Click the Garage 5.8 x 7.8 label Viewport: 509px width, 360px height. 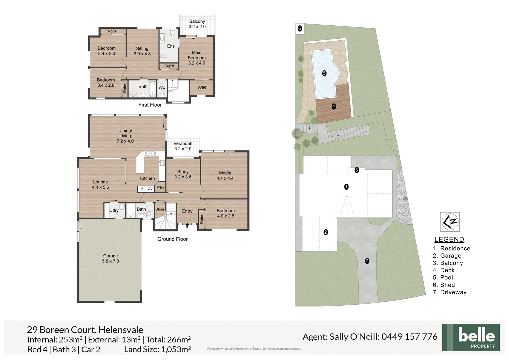point(110,258)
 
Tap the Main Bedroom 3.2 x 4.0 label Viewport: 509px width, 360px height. point(197,58)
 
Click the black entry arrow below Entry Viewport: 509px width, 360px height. point(187,225)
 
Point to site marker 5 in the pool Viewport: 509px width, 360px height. point(324,73)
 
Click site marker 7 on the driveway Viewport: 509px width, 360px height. point(367,261)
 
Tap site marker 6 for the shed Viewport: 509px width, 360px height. point(299,28)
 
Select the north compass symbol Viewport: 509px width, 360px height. point(450,222)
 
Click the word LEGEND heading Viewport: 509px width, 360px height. point(449,239)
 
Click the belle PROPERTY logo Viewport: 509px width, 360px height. point(471,337)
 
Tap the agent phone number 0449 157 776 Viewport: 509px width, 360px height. point(409,337)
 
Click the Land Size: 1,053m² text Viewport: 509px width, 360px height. point(157,349)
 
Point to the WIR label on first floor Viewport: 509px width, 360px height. point(202,88)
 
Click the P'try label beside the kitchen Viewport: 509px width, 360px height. point(161,187)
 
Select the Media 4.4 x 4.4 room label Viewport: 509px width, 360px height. point(225,175)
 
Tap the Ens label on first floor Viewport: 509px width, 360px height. point(171,46)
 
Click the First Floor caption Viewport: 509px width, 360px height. point(150,105)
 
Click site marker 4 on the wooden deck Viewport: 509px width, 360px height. point(334,106)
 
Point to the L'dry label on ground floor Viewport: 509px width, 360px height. point(114,210)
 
